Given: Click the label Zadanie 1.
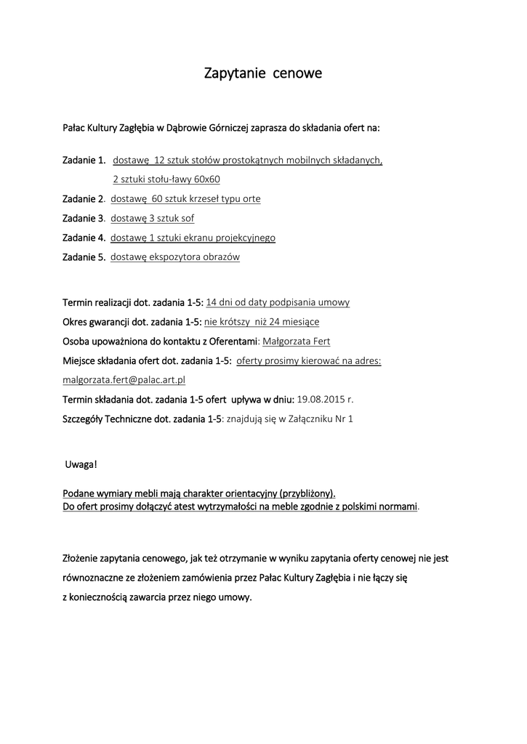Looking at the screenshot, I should pyautogui.click(x=84, y=160).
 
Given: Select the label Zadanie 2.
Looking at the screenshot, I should pyautogui.click(x=84, y=198).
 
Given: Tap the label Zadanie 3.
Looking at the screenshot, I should pyautogui.click(x=84, y=218).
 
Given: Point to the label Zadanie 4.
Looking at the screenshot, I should pyautogui.click(x=84, y=238).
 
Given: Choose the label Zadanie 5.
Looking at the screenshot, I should pyautogui.click(x=84, y=256).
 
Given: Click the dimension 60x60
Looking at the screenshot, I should pyautogui.click(x=207, y=179).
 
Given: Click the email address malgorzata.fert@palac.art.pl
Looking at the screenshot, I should pyautogui.click(x=124, y=379).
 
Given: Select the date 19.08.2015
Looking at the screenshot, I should pyautogui.click(x=320, y=399).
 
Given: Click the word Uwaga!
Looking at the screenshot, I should pyautogui.click(x=81, y=464).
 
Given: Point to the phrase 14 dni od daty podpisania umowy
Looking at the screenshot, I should pyautogui.click(x=278, y=302).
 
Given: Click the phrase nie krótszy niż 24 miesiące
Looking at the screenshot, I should pyautogui.click(x=262, y=322).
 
